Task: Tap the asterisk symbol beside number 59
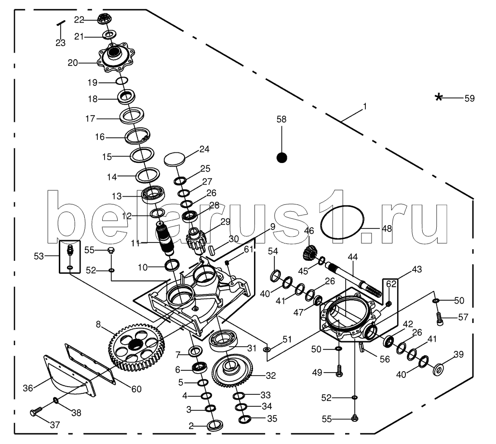pos(438,98)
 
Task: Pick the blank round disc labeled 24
pos(175,159)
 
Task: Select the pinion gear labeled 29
pos(196,240)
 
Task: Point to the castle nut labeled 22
pos(103,20)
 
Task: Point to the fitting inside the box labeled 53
pos(70,251)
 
